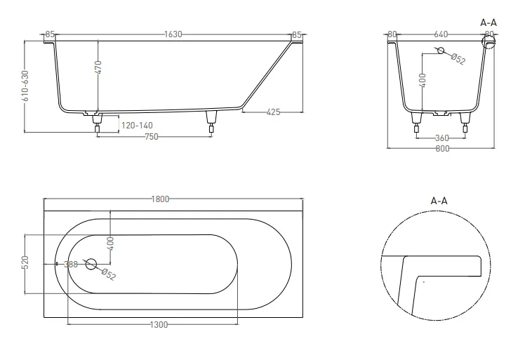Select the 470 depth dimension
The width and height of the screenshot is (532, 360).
click(x=99, y=67)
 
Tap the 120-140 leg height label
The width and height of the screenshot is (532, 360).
click(x=137, y=126)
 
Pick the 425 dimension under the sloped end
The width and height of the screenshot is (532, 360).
click(x=274, y=112)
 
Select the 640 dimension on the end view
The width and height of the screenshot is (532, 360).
click(x=441, y=34)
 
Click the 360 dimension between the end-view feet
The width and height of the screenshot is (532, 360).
click(x=441, y=138)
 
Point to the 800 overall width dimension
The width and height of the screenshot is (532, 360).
click(x=441, y=148)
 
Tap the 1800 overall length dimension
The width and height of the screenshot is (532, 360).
click(x=161, y=199)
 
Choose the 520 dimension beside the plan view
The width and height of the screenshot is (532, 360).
click(x=26, y=263)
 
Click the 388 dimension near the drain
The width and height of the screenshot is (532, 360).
click(x=70, y=265)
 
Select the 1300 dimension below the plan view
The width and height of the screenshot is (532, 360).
click(x=159, y=324)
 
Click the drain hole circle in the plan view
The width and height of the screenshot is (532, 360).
click(x=91, y=265)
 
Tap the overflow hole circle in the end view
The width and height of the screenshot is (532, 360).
click(x=440, y=51)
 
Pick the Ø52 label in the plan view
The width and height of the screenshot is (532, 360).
click(x=108, y=274)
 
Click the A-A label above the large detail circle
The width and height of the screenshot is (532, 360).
click(x=439, y=201)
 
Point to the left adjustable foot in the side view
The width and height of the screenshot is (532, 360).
click(x=97, y=123)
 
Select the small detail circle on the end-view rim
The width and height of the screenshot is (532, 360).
click(x=488, y=44)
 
